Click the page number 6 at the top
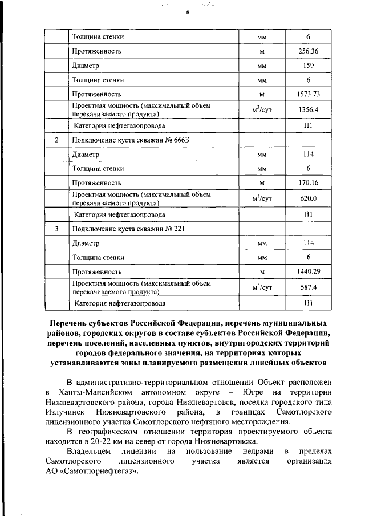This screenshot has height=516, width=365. coord(187,13)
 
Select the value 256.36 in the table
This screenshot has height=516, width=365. coord(308,51)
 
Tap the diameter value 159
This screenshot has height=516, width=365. coord(308,66)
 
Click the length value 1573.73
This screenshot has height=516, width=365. coord(308,94)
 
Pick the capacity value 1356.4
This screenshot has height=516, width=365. coord(308,110)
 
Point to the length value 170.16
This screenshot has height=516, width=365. coord(308,183)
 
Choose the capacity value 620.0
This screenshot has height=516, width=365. coord(308,199)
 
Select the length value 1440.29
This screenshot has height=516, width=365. coord(308,272)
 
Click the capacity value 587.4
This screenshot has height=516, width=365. coord(308,288)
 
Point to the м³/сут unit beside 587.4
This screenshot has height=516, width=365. coord(262,288)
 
